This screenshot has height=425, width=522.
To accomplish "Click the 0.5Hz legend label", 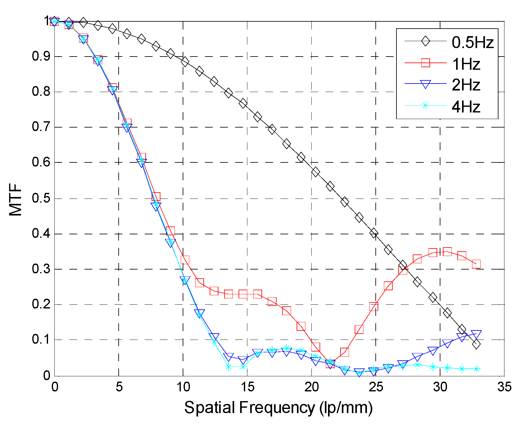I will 472,42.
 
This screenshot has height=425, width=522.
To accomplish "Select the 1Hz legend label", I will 466,64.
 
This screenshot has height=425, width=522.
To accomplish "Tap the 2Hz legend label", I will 466,85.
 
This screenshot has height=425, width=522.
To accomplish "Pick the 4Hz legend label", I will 466,107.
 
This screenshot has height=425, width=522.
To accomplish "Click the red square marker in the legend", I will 425,63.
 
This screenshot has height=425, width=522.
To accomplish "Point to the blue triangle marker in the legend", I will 425,84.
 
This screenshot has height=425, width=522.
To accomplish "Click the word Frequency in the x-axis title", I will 277,408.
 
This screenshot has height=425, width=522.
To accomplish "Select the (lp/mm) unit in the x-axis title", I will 346,408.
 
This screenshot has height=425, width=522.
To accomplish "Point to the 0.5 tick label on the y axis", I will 40,199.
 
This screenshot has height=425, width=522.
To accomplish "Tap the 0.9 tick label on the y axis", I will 40,57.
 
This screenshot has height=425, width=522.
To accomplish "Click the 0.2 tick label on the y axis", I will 40,304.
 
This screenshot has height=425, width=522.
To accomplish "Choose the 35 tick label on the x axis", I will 504,387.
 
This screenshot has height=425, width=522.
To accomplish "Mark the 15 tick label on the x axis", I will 247,387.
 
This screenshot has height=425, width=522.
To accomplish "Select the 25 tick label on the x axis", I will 376,387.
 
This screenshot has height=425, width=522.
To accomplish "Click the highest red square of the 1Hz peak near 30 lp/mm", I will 447,252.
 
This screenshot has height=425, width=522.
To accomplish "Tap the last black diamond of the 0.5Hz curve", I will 476,344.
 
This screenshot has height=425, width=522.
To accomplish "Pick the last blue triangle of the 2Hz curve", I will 476,334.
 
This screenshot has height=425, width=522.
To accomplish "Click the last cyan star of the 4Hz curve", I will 476,369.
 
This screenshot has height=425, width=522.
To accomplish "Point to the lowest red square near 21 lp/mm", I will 330,364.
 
